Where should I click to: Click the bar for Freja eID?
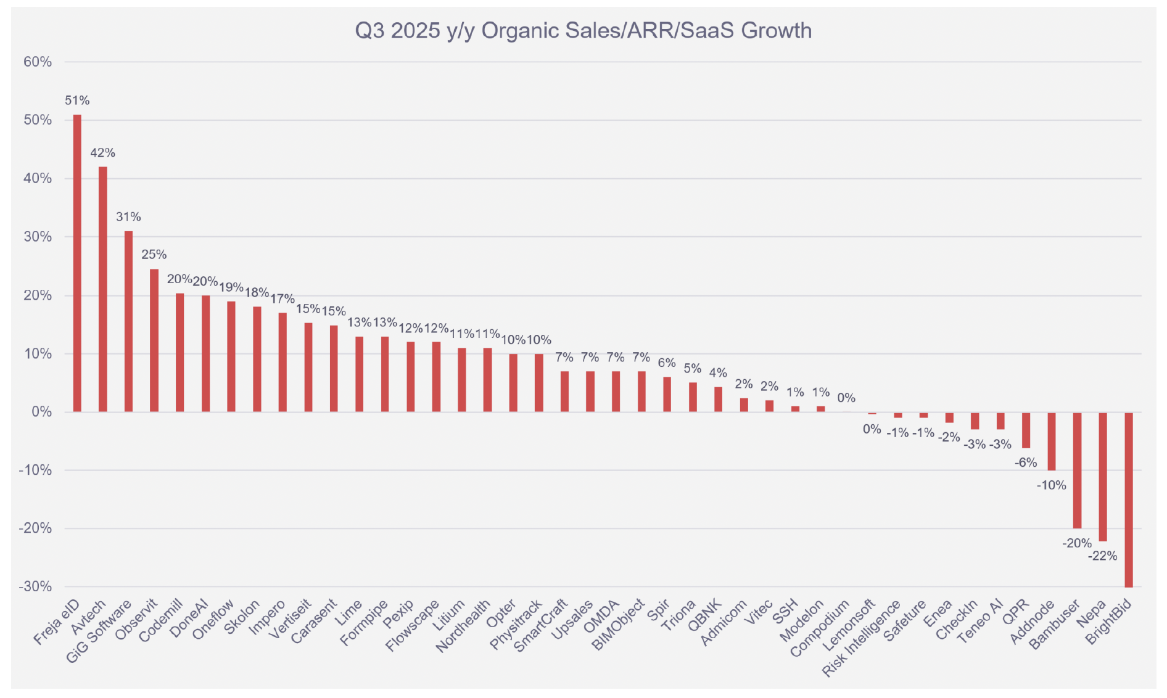click(x=77, y=263)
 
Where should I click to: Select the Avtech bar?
click(x=103, y=289)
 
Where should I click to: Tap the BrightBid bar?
click(x=1128, y=499)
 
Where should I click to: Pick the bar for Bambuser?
click(x=1077, y=470)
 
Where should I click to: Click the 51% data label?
click(x=77, y=101)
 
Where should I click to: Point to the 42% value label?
click(x=103, y=153)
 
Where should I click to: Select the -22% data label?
click(x=1102, y=556)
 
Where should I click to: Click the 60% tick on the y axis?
click(x=38, y=62)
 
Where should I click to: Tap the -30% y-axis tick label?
click(x=35, y=586)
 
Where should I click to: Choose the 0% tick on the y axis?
click(x=41, y=412)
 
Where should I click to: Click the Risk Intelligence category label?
click(x=862, y=639)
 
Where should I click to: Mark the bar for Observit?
click(x=154, y=340)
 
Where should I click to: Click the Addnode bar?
click(x=1051, y=441)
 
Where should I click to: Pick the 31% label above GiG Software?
click(x=128, y=217)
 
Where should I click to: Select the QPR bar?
click(x=1026, y=430)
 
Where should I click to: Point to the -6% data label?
click(x=1026, y=462)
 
